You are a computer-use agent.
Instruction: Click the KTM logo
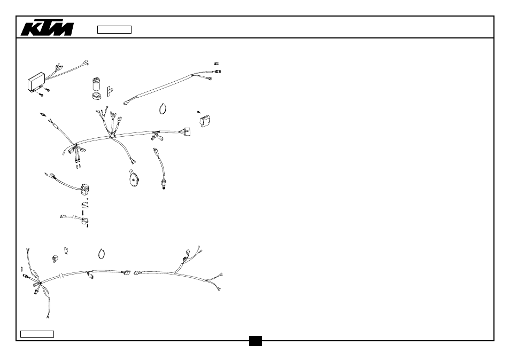coord(47,29)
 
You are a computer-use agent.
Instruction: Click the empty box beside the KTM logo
coord(114,29)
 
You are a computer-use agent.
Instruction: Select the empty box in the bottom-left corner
coord(37,334)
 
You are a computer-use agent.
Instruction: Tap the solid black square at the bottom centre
coord(256,341)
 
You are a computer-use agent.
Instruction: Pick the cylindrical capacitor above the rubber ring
coord(96,84)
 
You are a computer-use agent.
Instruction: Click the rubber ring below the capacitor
coord(96,96)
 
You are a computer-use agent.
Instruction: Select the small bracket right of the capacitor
coord(110,91)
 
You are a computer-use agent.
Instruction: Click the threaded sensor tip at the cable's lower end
coord(163,185)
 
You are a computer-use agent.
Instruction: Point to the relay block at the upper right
coord(205,121)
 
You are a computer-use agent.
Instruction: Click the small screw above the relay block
coord(198,112)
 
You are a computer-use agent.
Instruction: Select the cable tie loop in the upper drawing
coord(163,108)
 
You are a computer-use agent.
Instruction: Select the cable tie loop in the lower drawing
coord(102,254)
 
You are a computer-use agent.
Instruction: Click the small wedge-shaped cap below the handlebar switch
coord(85,205)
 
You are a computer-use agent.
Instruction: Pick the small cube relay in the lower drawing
coord(55,259)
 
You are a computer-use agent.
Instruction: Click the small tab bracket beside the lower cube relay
coord(66,250)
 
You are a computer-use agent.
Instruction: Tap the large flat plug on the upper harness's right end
coord(187,131)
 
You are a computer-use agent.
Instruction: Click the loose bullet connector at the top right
coord(216,64)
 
